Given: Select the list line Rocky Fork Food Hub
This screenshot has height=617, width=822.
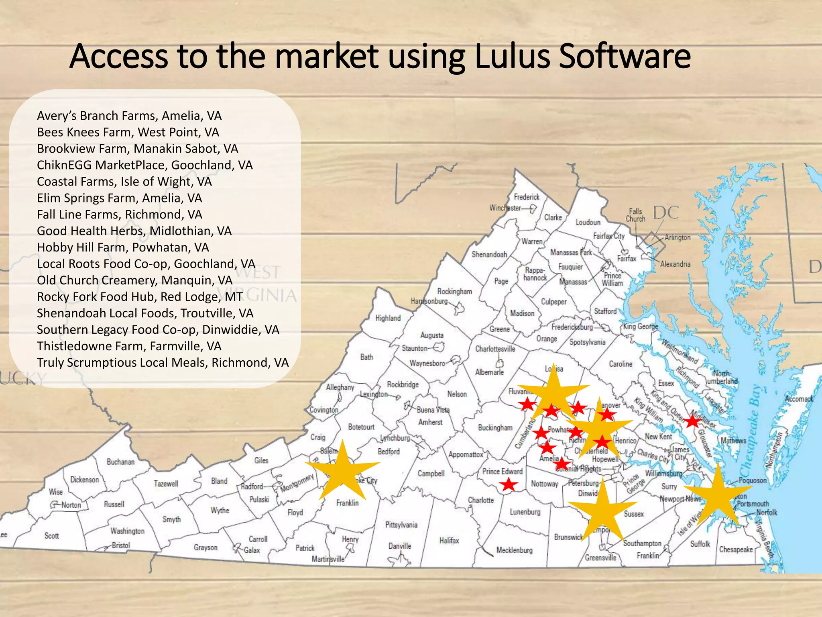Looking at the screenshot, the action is [x=140, y=297].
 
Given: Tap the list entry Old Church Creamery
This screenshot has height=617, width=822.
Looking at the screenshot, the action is [x=134, y=280].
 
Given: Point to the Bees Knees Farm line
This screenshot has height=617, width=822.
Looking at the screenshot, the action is [x=128, y=132].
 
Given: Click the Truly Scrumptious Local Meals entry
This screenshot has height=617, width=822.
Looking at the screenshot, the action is [x=163, y=363].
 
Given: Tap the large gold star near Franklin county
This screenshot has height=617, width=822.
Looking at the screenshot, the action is [x=342, y=470].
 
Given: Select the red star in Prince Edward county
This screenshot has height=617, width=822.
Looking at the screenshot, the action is [x=509, y=484].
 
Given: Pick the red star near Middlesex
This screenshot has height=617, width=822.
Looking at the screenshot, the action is [x=692, y=421].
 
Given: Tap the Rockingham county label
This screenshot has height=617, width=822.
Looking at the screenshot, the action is [x=454, y=292].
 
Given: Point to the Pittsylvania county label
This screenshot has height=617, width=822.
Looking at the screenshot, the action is [x=401, y=525].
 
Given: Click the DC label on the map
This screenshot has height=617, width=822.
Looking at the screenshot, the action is [x=666, y=213].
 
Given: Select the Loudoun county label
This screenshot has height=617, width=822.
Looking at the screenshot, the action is [x=588, y=222].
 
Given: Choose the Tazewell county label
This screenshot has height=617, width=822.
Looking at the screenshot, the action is [x=166, y=484].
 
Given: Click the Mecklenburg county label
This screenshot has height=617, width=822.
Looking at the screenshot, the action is [x=514, y=550].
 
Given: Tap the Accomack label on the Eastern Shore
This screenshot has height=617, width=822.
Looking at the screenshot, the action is [x=799, y=399].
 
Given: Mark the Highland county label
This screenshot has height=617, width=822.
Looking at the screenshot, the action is [x=388, y=318].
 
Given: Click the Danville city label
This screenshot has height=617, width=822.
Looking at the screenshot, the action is [x=399, y=546].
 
